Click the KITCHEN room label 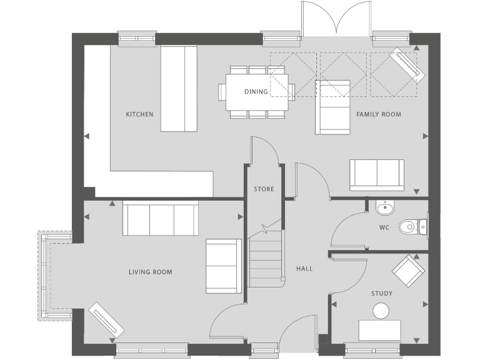click(x=139, y=114)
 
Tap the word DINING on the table click(x=256, y=92)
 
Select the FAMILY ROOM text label click(x=379, y=114)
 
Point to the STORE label click(x=264, y=189)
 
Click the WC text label click(x=384, y=227)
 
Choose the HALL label click(x=304, y=269)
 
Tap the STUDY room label click(x=381, y=293)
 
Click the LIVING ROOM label click(x=150, y=272)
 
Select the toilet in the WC click(x=410, y=226)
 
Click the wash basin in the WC click(x=384, y=207)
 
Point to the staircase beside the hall click(x=266, y=256)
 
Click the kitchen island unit click(x=179, y=88)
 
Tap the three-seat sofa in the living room click(x=161, y=218)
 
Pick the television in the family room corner click(x=407, y=65)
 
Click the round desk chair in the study click(x=381, y=311)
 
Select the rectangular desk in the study click(x=379, y=330)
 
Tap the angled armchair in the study click(x=408, y=270)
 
